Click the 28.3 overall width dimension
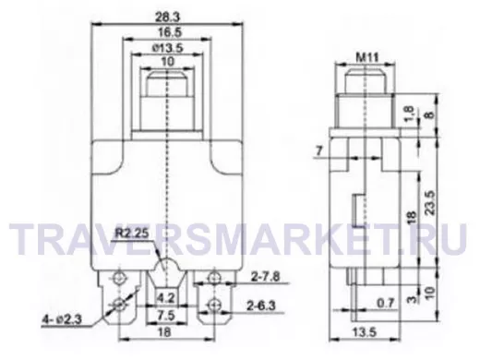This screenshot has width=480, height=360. click(167, 17)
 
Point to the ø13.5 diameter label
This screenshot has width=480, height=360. click(168, 48)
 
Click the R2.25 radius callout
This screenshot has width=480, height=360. click(132, 234)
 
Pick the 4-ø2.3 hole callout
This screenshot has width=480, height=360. click(62, 319)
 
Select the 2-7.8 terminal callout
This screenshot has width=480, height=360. click(266, 277)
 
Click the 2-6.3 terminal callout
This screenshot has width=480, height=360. click(261, 306)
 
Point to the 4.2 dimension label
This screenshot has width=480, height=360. click(166, 298)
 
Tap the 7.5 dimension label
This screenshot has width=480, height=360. click(166, 316)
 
